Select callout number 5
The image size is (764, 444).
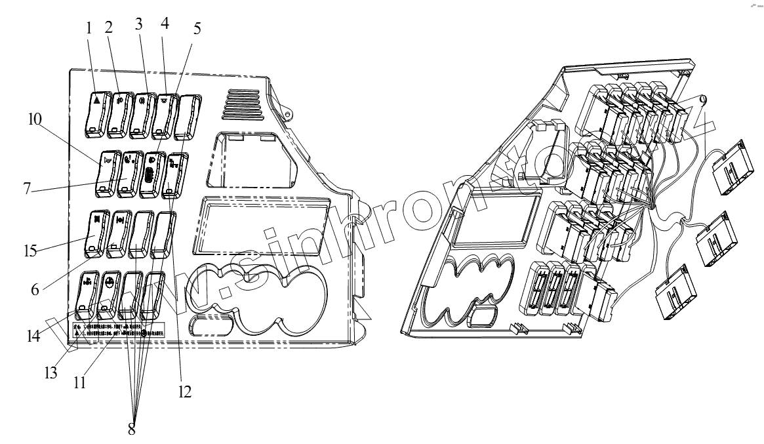click(197, 29)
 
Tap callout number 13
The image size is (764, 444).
click(50, 373)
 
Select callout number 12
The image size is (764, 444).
click(184, 392)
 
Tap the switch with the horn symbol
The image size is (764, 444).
click(107, 173)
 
